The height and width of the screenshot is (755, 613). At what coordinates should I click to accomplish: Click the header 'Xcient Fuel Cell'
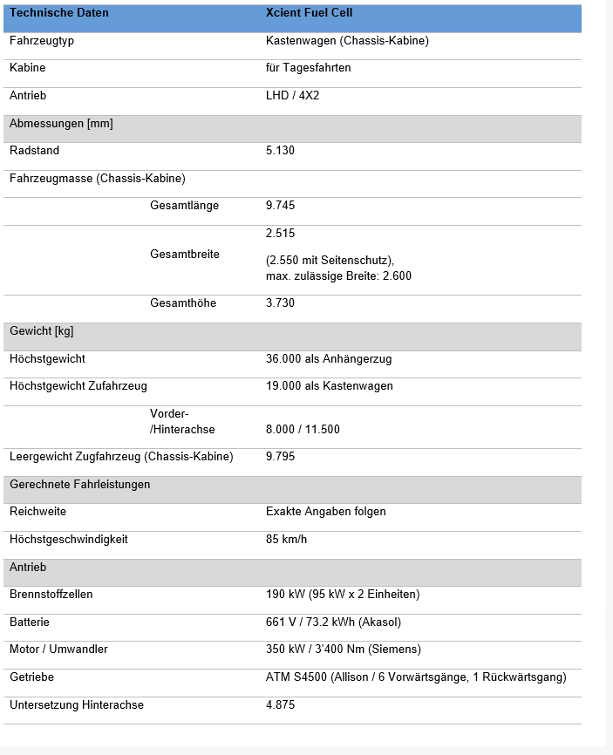click(309, 13)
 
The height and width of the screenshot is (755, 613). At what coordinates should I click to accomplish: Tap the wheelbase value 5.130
click(280, 151)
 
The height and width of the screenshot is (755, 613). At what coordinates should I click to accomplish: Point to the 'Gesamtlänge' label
click(184, 206)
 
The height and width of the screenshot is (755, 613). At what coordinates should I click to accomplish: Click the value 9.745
click(280, 206)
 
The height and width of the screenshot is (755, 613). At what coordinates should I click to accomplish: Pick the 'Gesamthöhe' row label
click(183, 303)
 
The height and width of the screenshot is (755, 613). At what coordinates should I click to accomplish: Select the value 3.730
click(280, 303)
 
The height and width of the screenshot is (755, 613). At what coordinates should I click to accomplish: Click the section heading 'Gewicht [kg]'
click(41, 331)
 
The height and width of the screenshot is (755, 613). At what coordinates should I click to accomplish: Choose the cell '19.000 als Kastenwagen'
click(329, 386)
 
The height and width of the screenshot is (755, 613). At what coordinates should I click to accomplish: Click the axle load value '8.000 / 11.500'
click(303, 430)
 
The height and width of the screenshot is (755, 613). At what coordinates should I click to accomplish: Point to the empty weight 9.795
click(280, 457)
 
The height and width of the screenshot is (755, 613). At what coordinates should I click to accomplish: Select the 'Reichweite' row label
click(37, 512)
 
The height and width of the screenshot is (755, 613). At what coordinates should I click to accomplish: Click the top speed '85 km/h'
click(286, 540)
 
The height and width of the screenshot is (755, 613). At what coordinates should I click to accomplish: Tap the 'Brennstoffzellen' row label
click(51, 595)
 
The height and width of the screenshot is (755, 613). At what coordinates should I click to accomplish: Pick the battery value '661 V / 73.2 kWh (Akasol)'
click(333, 622)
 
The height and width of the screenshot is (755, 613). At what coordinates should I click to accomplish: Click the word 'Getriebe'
click(31, 677)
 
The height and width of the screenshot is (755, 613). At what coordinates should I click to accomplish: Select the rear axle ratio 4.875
click(280, 705)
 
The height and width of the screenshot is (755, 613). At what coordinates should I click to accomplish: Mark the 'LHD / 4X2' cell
click(292, 95)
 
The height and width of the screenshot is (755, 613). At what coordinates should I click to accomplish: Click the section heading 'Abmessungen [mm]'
click(61, 124)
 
